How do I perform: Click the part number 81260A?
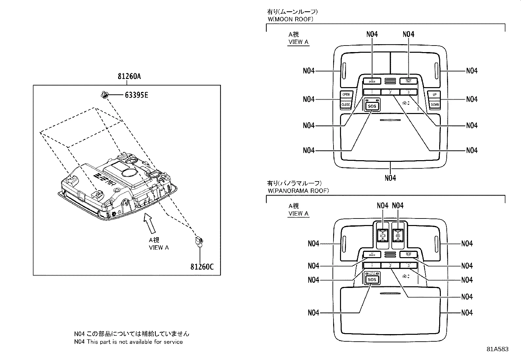(x=129, y=77)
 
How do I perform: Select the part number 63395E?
(x=136, y=95)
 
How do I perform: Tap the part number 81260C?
(x=202, y=267)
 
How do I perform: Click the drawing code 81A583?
(x=497, y=349)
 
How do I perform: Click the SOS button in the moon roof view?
(x=372, y=106)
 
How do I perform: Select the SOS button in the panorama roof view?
(x=372, y=279)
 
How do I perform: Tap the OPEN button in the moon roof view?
(x=346, y=94)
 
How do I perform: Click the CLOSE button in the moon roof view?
(x=346, y=104)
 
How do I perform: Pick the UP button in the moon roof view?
(x=435, y=94)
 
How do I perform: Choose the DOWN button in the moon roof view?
(x=435, y=104)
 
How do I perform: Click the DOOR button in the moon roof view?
(x=372, y=81)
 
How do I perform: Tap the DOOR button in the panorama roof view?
(x=372, y=254)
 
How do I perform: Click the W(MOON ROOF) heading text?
(x=290, y=19)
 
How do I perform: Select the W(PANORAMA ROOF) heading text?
(x=298, y=190)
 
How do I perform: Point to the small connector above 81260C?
(x=199, y=241)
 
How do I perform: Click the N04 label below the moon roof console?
(x=390, y=178)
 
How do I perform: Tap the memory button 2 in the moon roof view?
(x=390, y=92)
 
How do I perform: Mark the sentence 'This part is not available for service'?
(x=135, y=342)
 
